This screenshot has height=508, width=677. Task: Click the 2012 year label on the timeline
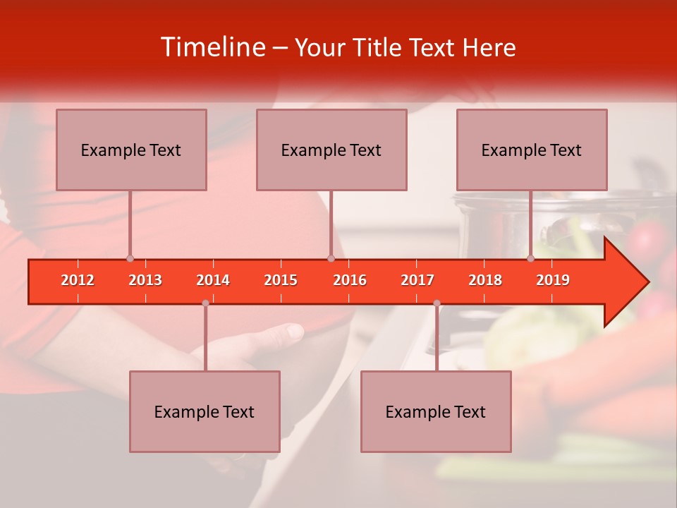click(x=78, y=280)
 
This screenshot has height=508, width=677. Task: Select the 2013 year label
click(x=145, y=280)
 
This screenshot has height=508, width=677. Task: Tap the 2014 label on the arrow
click(x=213, y=280)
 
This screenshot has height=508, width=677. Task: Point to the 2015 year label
click(x=281, y=280)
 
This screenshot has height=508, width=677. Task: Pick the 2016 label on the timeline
click(x=350, y=280)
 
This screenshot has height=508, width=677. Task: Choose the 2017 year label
click(x=417, y=280)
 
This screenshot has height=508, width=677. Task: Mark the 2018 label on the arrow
click(x=485, y=280)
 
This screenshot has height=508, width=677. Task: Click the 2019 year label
click(x=553, y=280)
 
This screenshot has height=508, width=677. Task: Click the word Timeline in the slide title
click(x=212, y=47)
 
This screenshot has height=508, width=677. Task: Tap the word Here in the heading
click(x=489, y=47)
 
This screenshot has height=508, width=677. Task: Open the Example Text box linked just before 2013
click(x=131, y=150)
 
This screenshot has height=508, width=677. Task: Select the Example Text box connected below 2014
click(x=205, y=411)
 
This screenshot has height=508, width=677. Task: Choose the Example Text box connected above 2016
click(x=331, y=150)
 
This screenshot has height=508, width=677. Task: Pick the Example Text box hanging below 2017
click(x=436, y=411)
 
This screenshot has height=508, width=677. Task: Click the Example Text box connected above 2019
click(x=532, y=150)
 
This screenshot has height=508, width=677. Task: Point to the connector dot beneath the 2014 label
click(x=205, y=303)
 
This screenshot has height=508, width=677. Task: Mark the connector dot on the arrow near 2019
click(x=531, y=258)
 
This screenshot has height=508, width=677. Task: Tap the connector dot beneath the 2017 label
click(x=437, y=303)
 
